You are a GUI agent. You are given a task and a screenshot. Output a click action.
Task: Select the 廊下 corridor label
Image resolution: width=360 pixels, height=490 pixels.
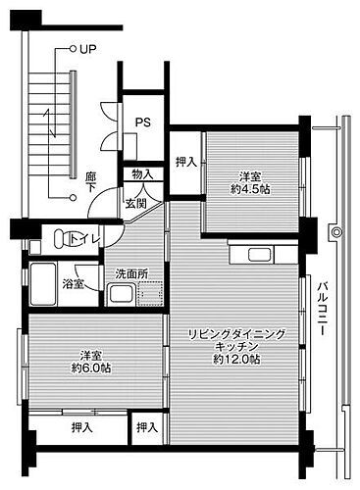[90, 180]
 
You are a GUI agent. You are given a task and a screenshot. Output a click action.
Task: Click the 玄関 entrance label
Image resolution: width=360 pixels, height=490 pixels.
[135, 203]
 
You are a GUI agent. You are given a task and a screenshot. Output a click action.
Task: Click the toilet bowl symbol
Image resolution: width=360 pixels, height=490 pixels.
[61, 238]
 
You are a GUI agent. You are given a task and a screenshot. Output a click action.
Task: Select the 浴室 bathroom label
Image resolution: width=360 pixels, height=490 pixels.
[74, 283]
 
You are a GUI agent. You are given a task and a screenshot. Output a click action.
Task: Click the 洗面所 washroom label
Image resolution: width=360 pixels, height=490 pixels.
[131, 273]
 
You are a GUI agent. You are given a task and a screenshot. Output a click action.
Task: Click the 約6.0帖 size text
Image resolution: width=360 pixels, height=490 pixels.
[90, 368]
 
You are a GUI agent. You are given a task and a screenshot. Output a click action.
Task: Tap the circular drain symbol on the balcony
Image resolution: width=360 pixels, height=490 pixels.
[336, 233]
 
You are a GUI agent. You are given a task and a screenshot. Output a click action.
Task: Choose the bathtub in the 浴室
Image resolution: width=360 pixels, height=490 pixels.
[43, 284]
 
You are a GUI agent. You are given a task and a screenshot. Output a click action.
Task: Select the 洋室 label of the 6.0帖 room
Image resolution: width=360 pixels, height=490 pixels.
[90, 355]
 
